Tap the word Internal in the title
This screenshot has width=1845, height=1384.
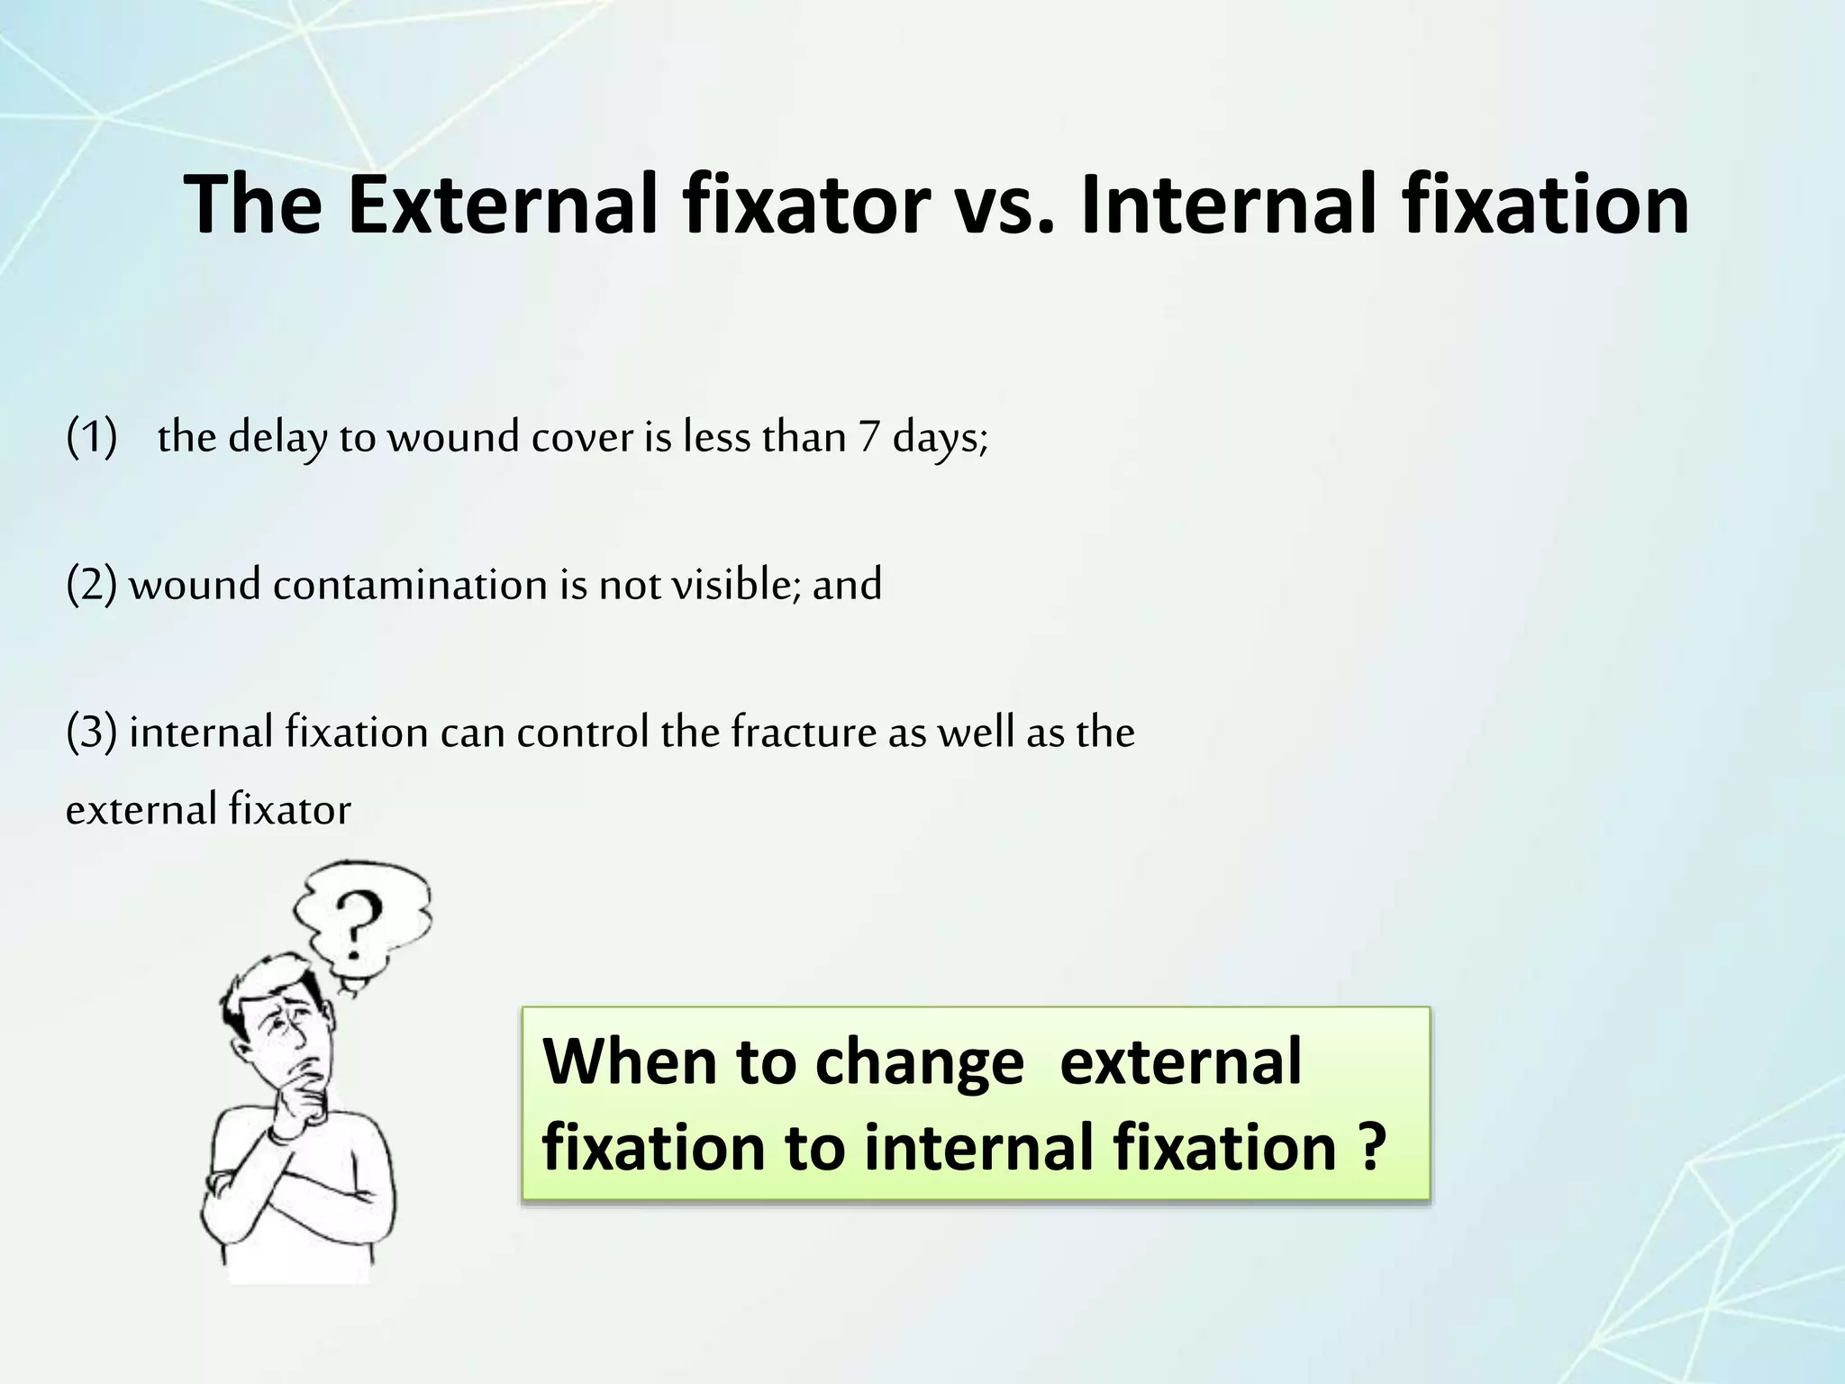click(1225, 205)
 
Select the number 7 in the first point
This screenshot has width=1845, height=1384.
click(868, 438)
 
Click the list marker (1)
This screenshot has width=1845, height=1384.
click(91, 438)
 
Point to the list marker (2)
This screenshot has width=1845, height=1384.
click(91, 585)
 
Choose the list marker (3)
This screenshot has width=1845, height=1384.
click(91, 732)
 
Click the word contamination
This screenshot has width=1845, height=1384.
click(411, 585)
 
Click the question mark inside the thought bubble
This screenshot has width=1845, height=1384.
click(357, 924)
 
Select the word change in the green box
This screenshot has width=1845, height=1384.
click(919, 1063)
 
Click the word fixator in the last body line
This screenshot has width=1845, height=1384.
click(289, 809)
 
